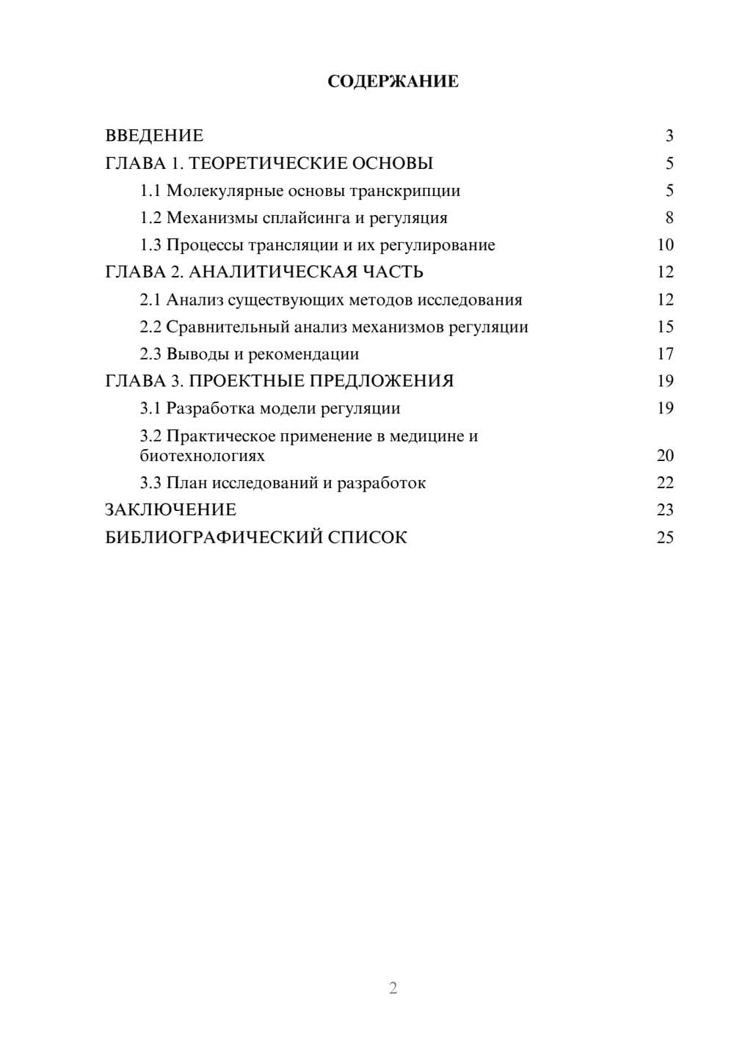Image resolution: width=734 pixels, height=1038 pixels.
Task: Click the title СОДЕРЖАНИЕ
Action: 393,81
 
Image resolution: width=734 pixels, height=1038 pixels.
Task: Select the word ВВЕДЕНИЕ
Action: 154,136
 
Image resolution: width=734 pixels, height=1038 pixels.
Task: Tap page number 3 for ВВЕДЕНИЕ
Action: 669,136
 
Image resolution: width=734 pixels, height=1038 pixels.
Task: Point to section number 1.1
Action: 150,191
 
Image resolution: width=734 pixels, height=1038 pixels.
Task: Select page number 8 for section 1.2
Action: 669,218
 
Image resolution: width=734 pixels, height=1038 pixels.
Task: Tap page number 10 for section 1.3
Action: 665,245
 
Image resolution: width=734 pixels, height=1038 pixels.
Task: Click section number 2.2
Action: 150,327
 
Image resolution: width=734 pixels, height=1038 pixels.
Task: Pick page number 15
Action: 665,327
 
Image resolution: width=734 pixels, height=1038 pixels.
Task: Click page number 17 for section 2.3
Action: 665,354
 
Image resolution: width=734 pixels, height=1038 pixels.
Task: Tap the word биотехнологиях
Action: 202,456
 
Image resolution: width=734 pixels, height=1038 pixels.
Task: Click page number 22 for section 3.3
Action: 665,483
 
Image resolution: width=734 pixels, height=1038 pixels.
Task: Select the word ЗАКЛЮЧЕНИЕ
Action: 170,510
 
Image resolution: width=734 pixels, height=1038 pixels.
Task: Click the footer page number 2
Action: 393,988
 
